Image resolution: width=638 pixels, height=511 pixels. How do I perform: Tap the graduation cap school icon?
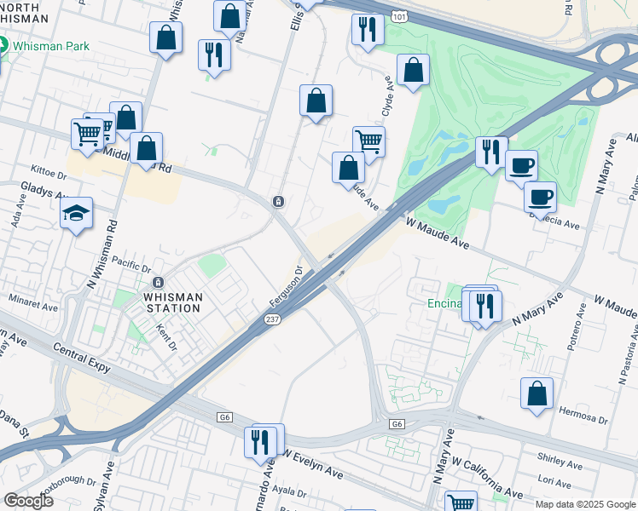tap(77, 214)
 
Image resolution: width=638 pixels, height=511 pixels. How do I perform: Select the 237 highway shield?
tap(264, 319)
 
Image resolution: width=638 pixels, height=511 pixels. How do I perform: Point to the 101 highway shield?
tap(398, 16)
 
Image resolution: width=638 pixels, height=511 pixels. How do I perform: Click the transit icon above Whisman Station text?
tap(157, 283)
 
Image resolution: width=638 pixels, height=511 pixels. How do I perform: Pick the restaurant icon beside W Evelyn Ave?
tap(261, 442)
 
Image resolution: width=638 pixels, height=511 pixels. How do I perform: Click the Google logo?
tap(27, 501)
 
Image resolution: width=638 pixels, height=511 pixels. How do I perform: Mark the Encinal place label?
tap(444, 304)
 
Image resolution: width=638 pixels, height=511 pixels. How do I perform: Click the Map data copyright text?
tap(585, 504)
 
